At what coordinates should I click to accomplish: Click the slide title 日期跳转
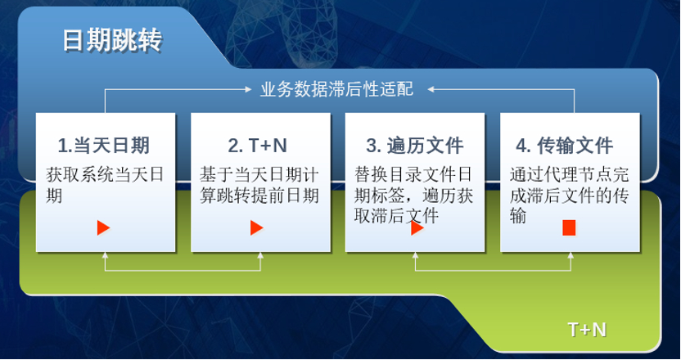[x=112, y=40]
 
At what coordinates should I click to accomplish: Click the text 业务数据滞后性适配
[x=336, y=89]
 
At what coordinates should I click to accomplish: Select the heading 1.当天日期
[x=103, y=146]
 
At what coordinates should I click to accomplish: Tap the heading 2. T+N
[x=258, y=146]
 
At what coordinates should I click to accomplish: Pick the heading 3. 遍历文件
[x=415, y=146]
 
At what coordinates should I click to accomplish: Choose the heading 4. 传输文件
[x=565, y=146]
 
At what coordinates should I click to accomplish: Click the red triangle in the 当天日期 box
[x=103, y=227]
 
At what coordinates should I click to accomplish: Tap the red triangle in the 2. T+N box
[x=257, y=227]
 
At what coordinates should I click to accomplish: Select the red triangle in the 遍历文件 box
[x=417, y=227]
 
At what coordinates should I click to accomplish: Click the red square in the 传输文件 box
[x=569, y=227]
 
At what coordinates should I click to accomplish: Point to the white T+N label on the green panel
[x=587, y=330]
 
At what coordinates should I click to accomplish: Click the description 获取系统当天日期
[x=105, y=185]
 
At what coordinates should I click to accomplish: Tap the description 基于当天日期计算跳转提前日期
[x=259, y=185]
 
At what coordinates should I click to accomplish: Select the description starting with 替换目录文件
[x=413, y=195]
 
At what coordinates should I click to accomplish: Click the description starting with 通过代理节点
[x=569, y=195]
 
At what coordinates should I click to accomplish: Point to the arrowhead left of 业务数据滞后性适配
[x=249, y=89]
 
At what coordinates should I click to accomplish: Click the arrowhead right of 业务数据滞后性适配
[x=431, y=89]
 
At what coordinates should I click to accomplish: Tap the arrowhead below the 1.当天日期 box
[x=105, y=255]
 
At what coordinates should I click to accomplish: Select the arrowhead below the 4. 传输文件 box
[x=571, y=255]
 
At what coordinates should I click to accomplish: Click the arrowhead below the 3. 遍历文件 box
[x=416, y=255]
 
